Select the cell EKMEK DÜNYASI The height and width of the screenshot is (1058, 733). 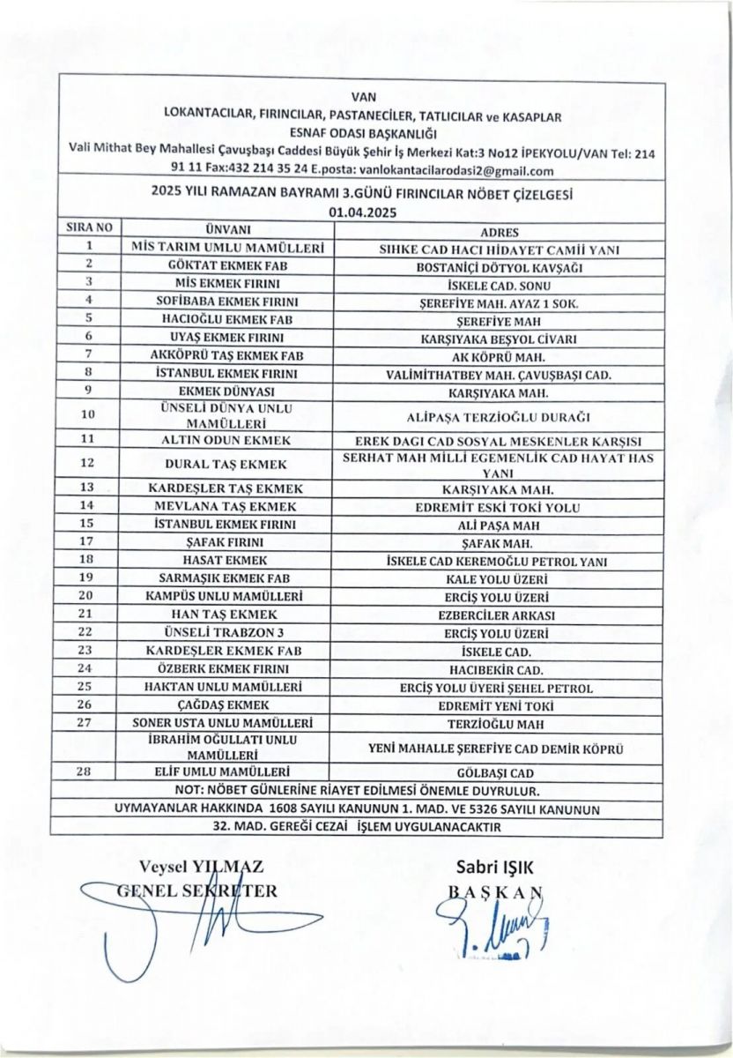(227, 391)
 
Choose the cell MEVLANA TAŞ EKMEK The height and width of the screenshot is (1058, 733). (227, 506)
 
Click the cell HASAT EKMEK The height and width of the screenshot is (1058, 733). (227, 560)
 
